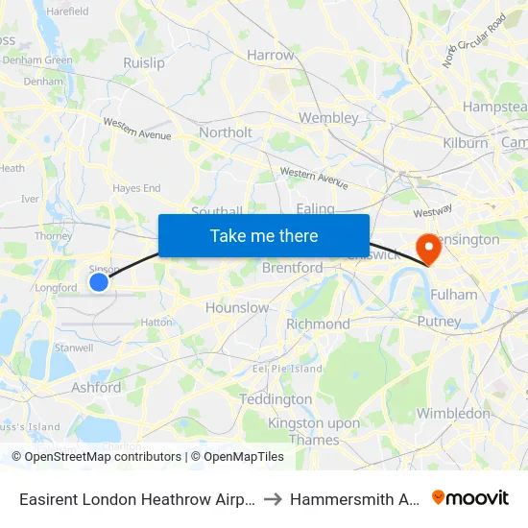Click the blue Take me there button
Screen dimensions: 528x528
(264, 235)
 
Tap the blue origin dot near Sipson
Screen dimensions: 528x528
(99, 281)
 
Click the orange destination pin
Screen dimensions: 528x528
(423, 249)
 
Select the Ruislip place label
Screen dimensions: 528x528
(144, 63)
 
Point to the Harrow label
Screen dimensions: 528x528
(271, 56)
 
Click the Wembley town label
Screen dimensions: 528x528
(328, 118)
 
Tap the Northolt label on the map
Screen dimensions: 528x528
(226, 132)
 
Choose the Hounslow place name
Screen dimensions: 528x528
(237, 308)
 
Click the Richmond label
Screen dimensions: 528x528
(319, 324)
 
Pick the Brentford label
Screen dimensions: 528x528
(293, 269)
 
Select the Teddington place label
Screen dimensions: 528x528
(276, 399)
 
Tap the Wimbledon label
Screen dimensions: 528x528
(454, 414)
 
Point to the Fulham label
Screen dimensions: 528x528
(453, 295)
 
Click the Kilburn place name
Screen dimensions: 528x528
(466, 143)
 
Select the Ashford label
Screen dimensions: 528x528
(96, 388)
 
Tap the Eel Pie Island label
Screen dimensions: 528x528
(287, 369)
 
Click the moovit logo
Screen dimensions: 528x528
(470, 497)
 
